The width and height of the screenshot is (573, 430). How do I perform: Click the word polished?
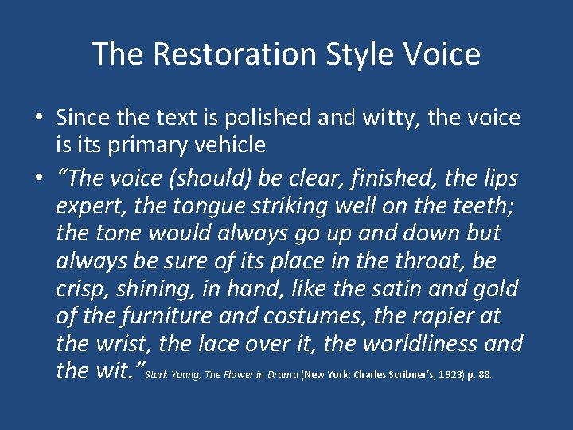(x=271, y=119)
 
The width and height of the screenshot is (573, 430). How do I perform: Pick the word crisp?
(x=81, y=287)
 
